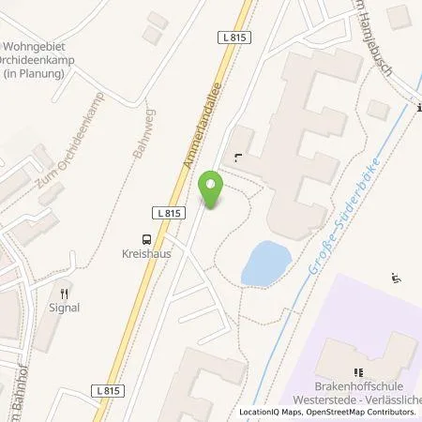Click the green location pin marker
[x=212, y=190]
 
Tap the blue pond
[x=264, y=263]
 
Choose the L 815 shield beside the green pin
[x=169, y=214]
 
